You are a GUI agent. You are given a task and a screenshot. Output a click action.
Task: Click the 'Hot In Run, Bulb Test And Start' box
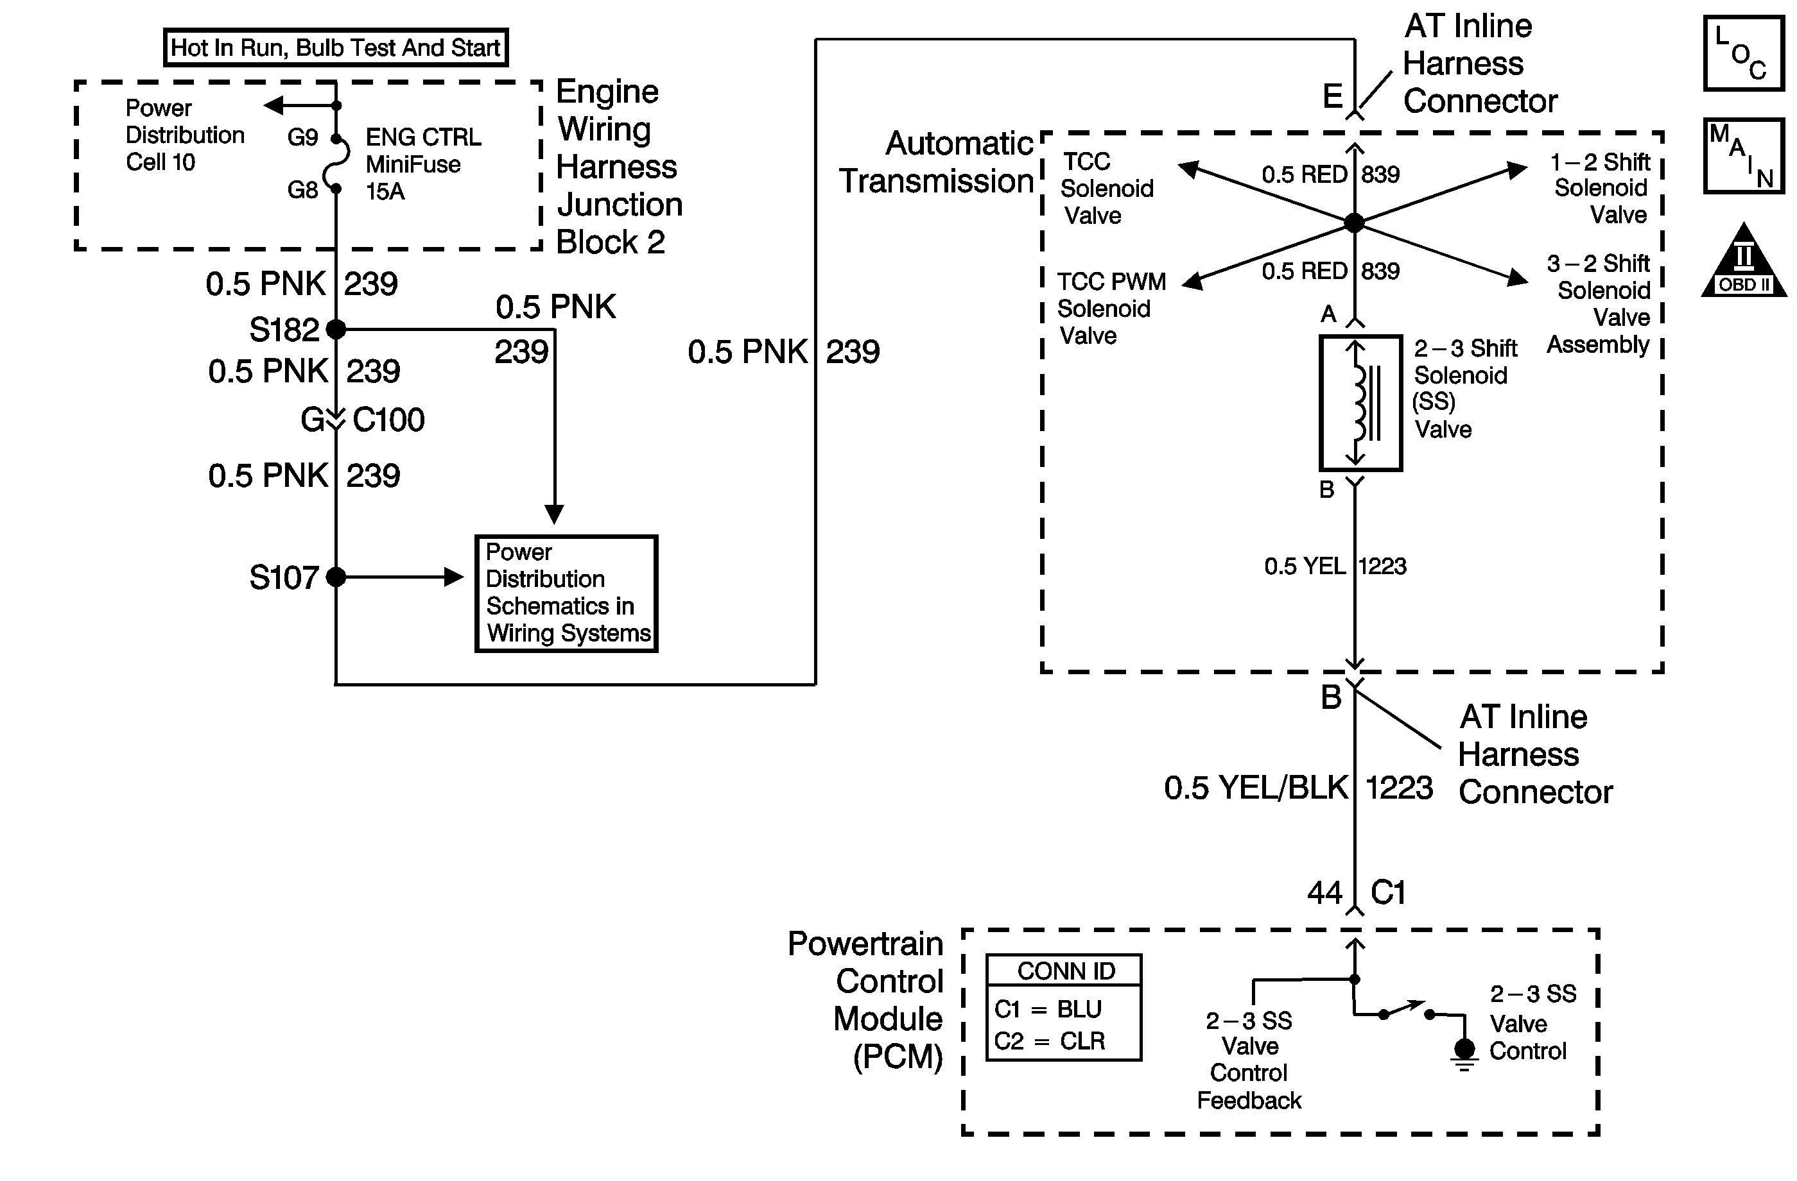(x=336, y=47)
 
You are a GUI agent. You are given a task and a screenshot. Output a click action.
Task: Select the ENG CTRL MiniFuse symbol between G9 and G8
(x=338, y=163)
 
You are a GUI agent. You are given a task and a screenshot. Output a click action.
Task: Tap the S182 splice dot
(x=336, y=329)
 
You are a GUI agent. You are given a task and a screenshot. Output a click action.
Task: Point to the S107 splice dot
(x=336, y=577)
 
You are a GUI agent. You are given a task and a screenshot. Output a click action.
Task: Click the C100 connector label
(x=388, y=420)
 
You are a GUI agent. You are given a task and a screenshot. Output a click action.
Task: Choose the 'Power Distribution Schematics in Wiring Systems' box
(x=566, y=593)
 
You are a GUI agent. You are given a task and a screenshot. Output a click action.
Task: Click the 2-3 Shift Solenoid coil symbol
(x=1360, y=403)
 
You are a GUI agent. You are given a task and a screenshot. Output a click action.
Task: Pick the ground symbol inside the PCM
(x=1464, y=1052)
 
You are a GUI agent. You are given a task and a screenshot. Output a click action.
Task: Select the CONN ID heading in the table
(x=1065, y=971)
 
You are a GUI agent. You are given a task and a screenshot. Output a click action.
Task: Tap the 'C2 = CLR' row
(x=1049, y=1041)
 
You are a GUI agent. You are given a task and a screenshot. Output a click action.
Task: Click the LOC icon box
(x=1744, y=54)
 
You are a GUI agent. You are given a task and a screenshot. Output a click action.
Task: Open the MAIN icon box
(x=1744, y=155)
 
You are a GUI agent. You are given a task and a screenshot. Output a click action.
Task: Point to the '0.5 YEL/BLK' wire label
(x=1256, y=788)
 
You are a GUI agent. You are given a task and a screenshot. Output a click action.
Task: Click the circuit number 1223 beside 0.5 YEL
(x=1382, y=566)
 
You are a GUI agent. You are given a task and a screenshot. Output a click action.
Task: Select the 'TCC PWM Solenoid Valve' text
(x=1110, y=309)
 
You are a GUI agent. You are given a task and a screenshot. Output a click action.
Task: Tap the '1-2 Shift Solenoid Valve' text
(x=1601, y=189)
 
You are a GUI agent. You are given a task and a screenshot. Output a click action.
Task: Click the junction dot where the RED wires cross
(x=1355, y=223)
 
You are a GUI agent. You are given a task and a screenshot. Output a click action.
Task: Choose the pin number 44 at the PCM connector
(x=1324, y=894)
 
